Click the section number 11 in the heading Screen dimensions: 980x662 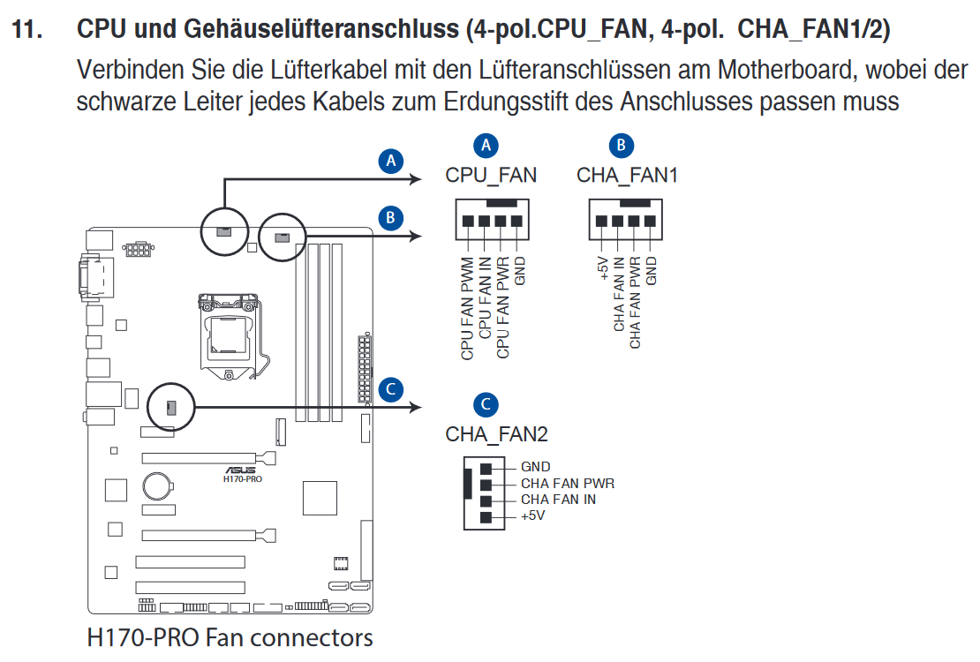(26, 29)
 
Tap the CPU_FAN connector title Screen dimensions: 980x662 (491, 176)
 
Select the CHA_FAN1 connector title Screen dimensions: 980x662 (627, 176)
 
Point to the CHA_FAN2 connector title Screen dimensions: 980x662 (496, 434)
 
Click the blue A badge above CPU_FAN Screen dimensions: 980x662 (486, 146)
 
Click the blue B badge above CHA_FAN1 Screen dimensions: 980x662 (622, 146)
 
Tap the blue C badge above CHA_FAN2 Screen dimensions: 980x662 (486, 404)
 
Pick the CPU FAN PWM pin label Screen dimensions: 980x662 (468, 308)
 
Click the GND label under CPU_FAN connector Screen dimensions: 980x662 (519, 271)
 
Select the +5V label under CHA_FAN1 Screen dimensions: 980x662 (602, 267)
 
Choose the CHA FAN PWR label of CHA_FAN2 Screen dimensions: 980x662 (568, 483)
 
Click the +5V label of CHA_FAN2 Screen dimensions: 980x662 (532, 515)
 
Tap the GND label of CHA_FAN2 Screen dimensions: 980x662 (536, 467)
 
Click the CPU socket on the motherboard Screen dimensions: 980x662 (230, 336)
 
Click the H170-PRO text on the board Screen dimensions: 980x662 (243, 478)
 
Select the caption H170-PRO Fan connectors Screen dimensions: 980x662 (230, 637)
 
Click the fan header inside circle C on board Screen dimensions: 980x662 (171, 408)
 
